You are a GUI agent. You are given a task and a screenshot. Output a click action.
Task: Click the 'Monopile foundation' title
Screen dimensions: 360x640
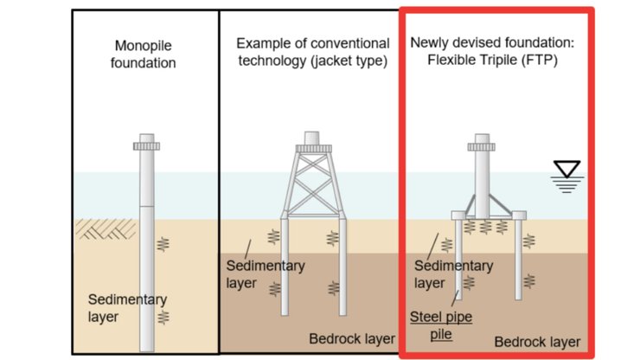(x=144, y=54)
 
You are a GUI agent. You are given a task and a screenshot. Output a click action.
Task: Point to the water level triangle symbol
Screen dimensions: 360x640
(x=569, y=171)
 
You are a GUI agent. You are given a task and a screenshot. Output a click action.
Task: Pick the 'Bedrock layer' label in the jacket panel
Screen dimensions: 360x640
(x=351, y=338)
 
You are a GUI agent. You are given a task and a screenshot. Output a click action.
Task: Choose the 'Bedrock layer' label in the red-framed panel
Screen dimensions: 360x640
(x=536, y=341)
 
